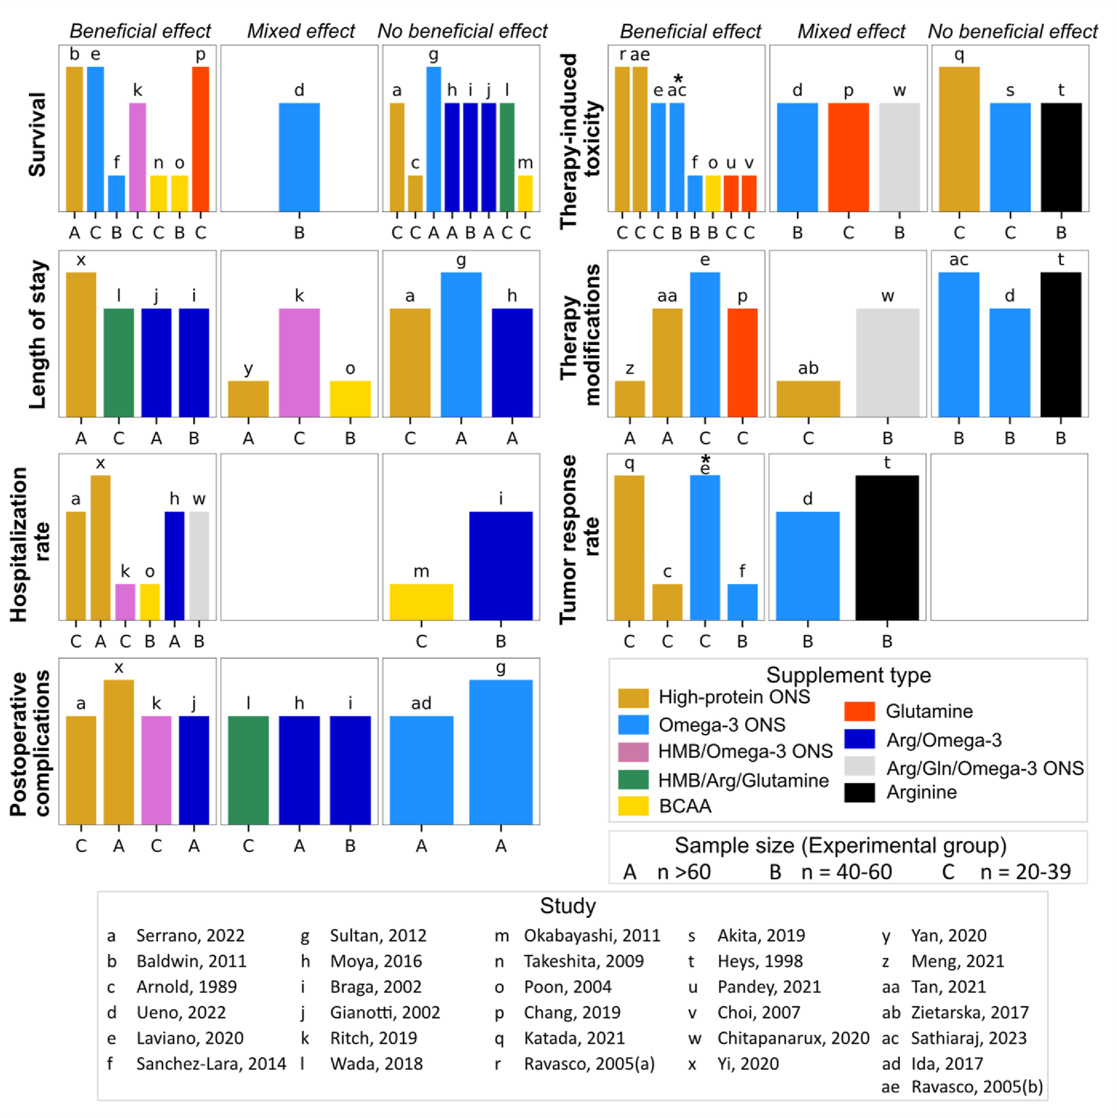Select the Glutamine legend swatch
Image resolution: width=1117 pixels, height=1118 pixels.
(x=859, y=711)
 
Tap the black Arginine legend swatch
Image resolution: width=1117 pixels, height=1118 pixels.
(x=859, y=792)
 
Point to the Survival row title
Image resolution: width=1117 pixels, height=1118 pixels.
(x=38, y=134)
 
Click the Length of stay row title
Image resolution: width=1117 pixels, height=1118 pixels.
(x=38, y=334)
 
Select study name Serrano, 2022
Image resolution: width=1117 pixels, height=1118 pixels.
(x=190, y=936)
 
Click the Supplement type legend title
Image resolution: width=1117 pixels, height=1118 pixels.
(x=848, y=675)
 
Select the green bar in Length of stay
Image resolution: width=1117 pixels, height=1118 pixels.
(x=118, y=363)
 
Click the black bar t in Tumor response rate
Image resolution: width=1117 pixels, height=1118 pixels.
(x=887, y=547)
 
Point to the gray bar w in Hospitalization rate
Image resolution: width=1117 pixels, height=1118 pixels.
(x=199, y=565)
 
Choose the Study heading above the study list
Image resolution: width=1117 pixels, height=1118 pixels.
(x=568, y=906)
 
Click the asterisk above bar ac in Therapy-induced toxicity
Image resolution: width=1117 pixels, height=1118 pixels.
(x=678, y=78)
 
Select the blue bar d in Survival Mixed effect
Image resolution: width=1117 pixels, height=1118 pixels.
(x=299, y=157)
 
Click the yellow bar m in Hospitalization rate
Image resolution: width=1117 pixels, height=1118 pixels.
(x=421, y=602)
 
